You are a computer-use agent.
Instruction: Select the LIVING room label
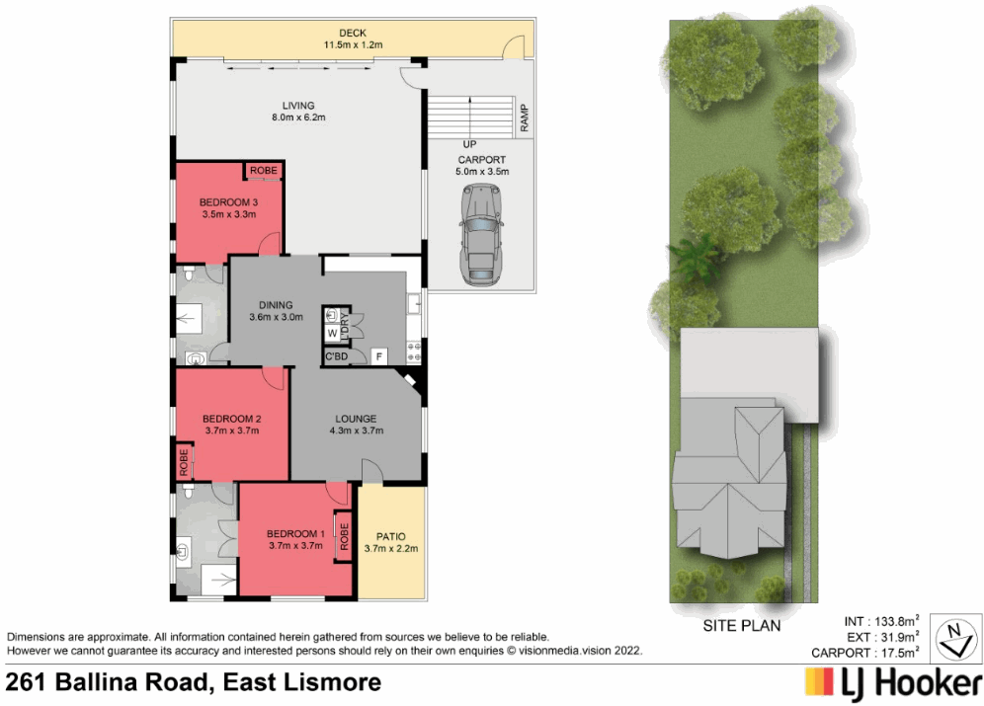(297, 106)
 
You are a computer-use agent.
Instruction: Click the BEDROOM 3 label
(228, 200)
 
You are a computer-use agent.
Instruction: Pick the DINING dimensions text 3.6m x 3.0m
(276, 317)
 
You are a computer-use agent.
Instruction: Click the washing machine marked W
(332, 334)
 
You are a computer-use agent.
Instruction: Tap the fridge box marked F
(378, 355)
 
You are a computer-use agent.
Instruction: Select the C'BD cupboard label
(335, 356)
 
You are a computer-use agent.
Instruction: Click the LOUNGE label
(357, 418)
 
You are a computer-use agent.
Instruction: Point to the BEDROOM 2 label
(231, 418)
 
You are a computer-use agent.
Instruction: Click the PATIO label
(392, 536)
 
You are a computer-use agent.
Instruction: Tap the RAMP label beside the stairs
(525, 118)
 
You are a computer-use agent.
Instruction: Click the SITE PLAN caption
(741, 625)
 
